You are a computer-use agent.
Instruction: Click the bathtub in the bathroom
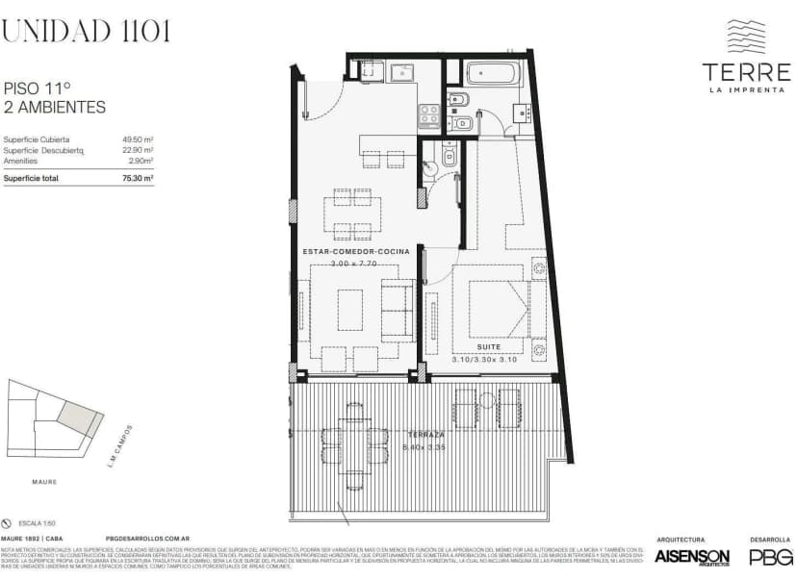(493, 73)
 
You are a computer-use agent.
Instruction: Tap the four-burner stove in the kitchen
(428, 116)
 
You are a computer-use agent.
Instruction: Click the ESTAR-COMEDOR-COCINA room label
(356, 251)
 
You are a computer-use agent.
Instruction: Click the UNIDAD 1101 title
(86, 31)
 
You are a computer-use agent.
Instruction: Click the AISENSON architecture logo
(691, 557)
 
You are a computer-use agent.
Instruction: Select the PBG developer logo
(771, 557)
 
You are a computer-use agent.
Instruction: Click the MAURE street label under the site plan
(44, 482)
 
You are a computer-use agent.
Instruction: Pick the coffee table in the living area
(349, 309)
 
